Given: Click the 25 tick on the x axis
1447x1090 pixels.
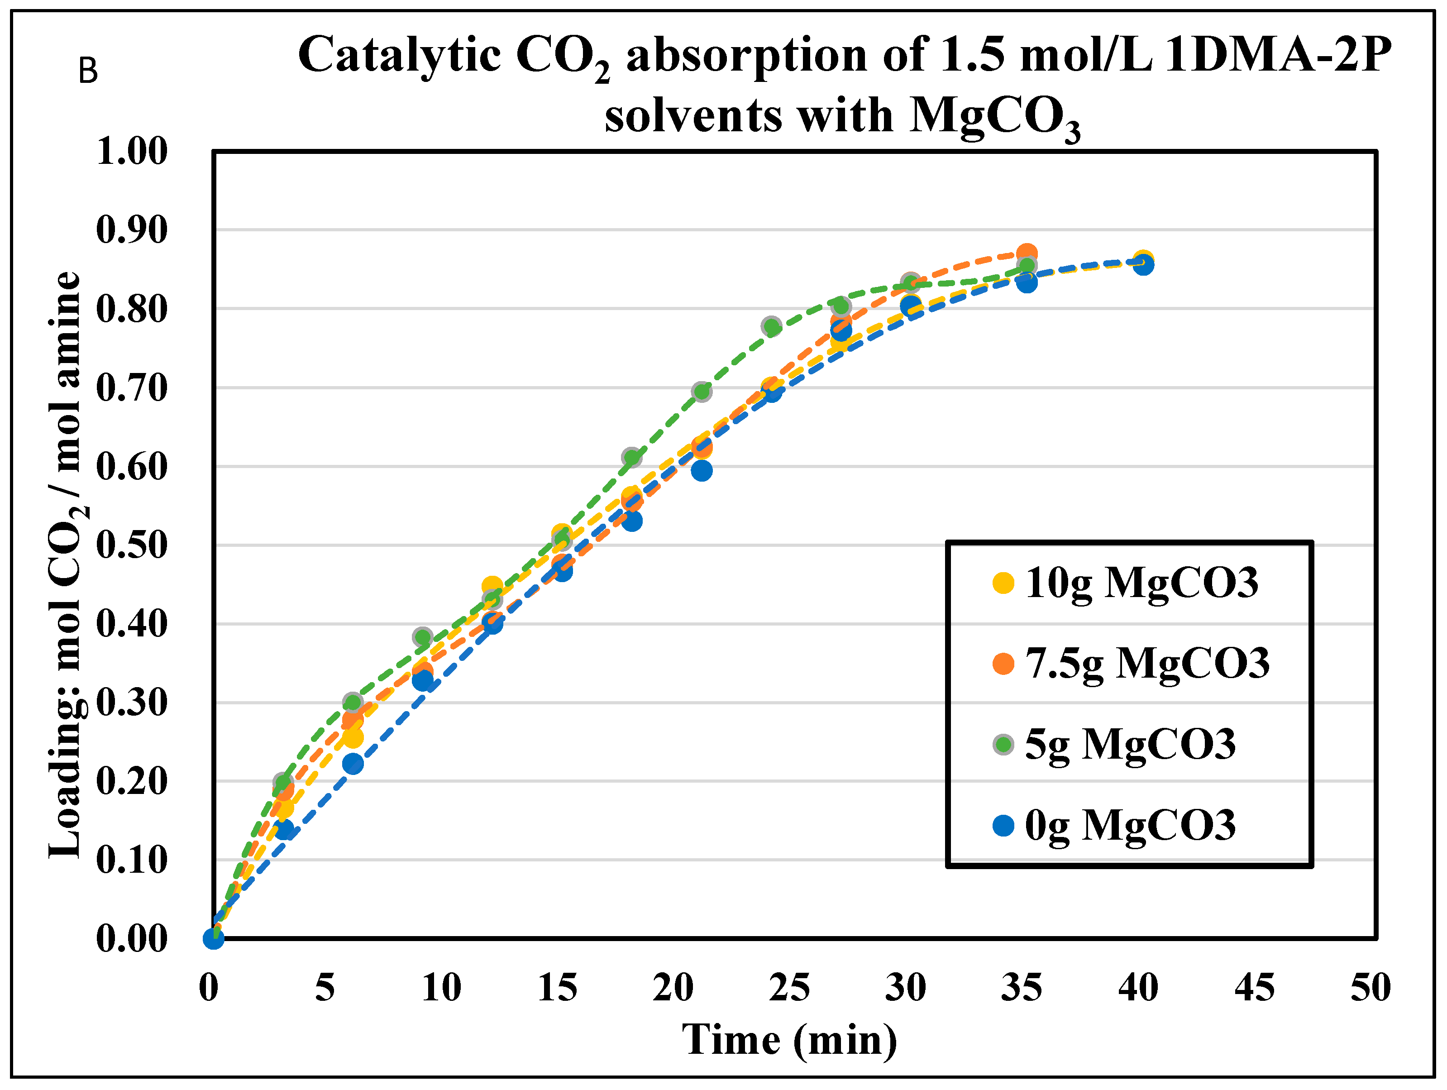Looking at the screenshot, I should (x=789, y=988).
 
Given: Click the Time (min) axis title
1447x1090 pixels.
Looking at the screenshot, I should (x=789, y=1040).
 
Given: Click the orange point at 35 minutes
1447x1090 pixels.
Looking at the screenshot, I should (x=1027, y=253).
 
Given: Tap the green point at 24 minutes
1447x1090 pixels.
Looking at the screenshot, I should (x=771, y=326).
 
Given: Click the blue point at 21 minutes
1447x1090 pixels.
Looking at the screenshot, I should (x=701, y=470).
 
